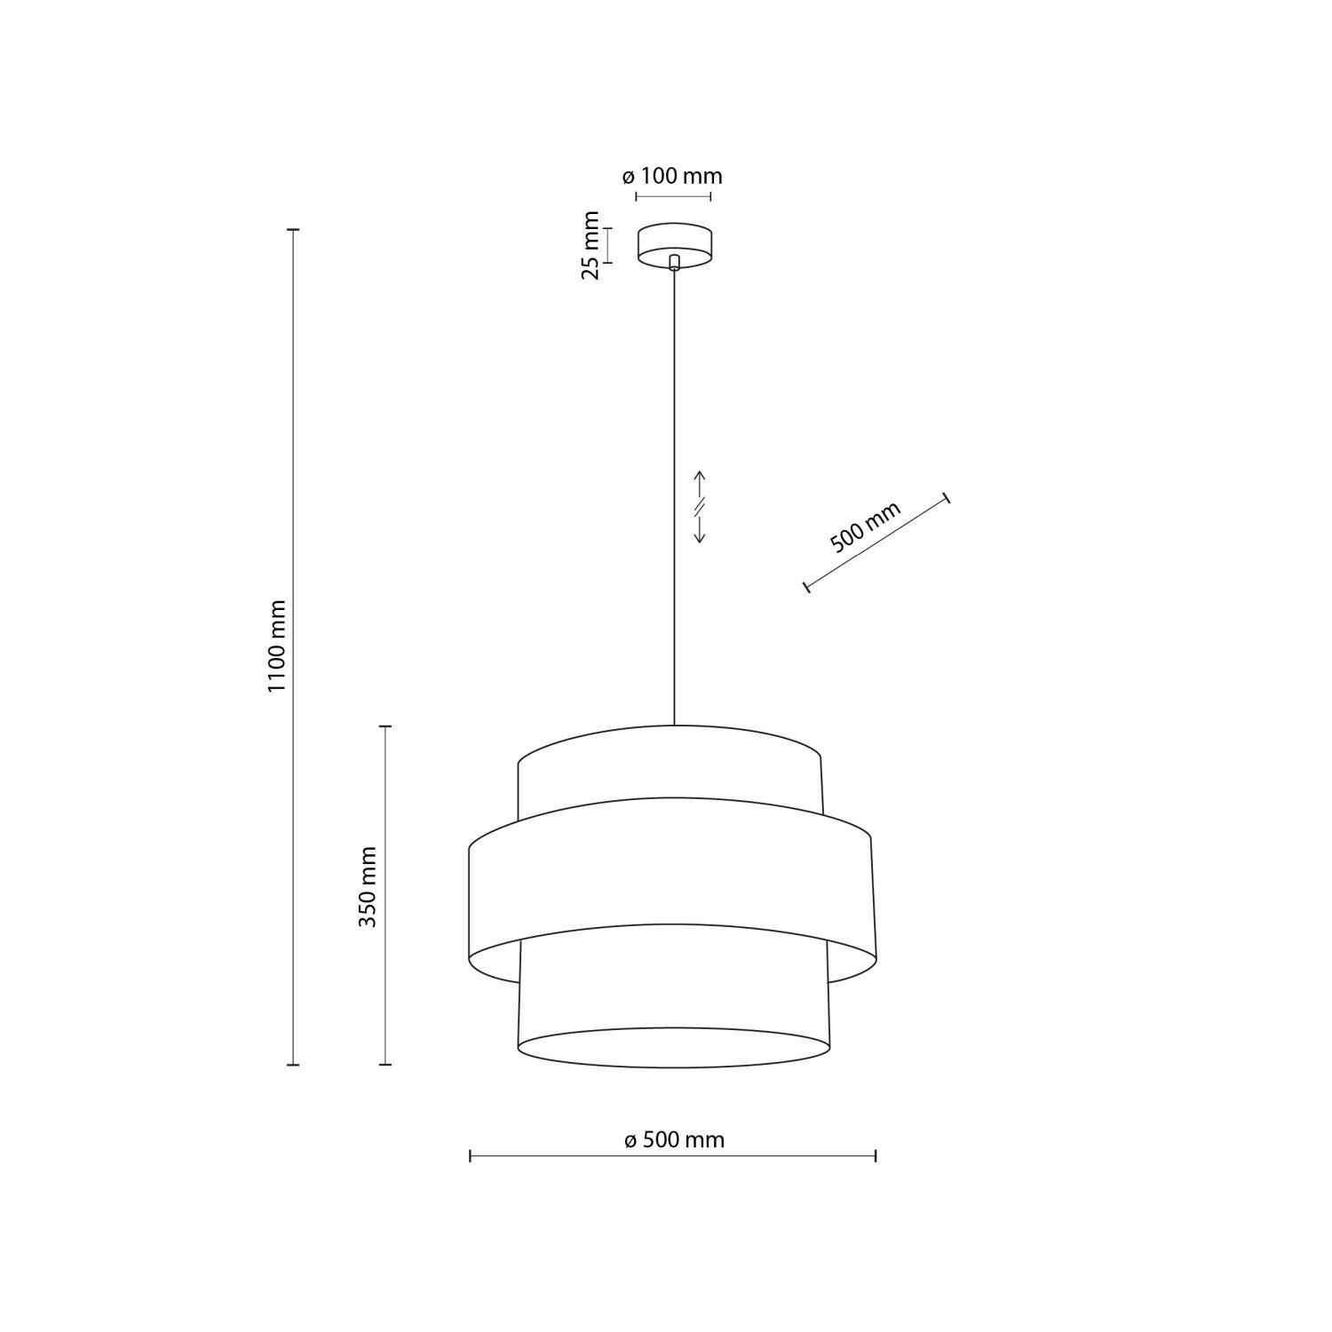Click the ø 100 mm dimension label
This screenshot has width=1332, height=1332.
pyautogui.click(x=672, y=176)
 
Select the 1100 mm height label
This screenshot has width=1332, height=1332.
pyautogui.click(x=279, y=646)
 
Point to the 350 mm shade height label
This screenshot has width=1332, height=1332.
pyautogui.click(x=368, y=886)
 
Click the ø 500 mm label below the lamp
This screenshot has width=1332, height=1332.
pyautogui.click(x=674, y=1139)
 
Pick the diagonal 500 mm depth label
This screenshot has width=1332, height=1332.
pyautogui.click(x=865, y=527)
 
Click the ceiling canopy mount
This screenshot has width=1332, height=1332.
pyautogui.click(x=674, y=242)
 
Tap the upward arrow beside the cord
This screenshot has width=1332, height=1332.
pyautogui.click(x=699, y=482)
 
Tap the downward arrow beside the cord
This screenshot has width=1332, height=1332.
pyautogui.click(x=699, y=531)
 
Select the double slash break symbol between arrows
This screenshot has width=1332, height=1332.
pyautogui.click(x=699, y=507)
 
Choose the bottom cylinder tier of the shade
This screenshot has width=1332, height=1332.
pyautogui.click(x=673, y=1003)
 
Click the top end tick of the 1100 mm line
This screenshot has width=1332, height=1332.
pyautogui.click(x=294, y=229)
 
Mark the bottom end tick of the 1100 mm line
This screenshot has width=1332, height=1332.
pyautogui.click(x=294, y=1064)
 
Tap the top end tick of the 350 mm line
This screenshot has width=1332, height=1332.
pyautogui.click(x=385, y=726)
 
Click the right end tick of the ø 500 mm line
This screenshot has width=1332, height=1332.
pyautogui.click(x=876, y=1155)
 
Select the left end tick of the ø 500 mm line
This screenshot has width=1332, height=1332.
pyautogui.click(x=470, y=1155)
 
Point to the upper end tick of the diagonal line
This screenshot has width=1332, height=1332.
pyautogui.click(x=947, y=497)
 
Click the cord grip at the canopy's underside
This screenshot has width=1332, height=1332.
pyautogui.click(x=674, y=262)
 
